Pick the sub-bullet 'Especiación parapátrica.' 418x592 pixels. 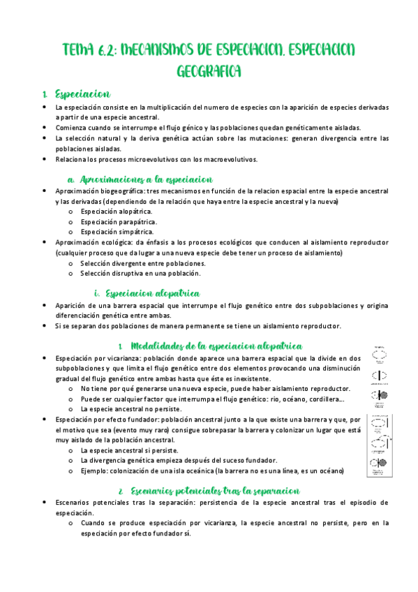point(116,221)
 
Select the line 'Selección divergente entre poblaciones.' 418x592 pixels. point(142,263)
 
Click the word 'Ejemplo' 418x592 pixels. point(95,471)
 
